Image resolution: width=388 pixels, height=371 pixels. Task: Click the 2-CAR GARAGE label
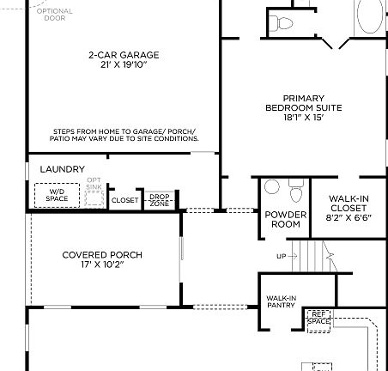point(124,55)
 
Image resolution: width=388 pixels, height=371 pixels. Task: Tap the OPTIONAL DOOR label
point(54,15)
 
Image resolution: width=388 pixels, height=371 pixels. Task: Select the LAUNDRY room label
point(62,169)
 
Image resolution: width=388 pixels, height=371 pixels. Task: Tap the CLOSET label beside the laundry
point(124,200)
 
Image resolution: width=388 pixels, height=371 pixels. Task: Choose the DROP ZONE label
point(159,200)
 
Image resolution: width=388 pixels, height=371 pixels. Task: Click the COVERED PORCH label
point(102,255)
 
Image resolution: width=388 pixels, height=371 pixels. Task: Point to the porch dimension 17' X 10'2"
point(102,265)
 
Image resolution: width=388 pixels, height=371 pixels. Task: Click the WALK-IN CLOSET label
point(348,203)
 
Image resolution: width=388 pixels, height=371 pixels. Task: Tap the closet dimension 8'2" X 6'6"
point(348,219)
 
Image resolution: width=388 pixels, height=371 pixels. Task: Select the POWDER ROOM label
point(282,219)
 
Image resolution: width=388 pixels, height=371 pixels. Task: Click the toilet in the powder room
point(295,187)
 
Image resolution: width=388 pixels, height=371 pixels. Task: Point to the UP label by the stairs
point(281,257)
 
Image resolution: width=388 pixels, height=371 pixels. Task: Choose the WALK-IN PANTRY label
point(281,301)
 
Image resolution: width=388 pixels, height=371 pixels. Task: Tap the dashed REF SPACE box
point(319,319)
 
